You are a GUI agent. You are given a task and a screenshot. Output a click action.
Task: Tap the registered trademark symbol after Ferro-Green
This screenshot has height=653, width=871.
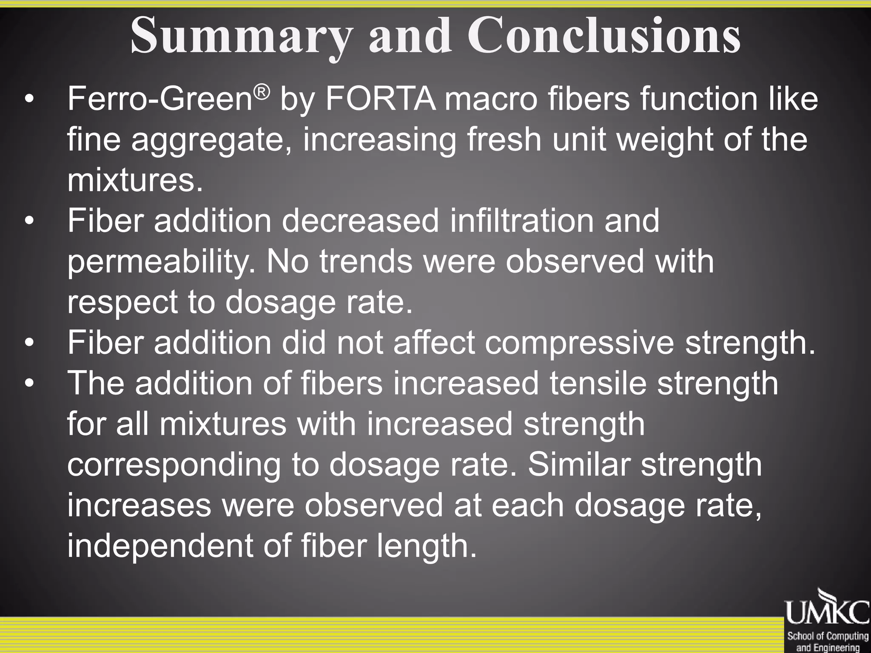pos(262,91)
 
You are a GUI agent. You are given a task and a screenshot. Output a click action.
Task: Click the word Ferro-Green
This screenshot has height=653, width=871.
pos(160,99)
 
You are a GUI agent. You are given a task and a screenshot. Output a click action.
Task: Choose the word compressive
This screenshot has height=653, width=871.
pos(579,343)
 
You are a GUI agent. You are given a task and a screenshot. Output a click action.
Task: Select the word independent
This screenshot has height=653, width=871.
pos(160,546)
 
